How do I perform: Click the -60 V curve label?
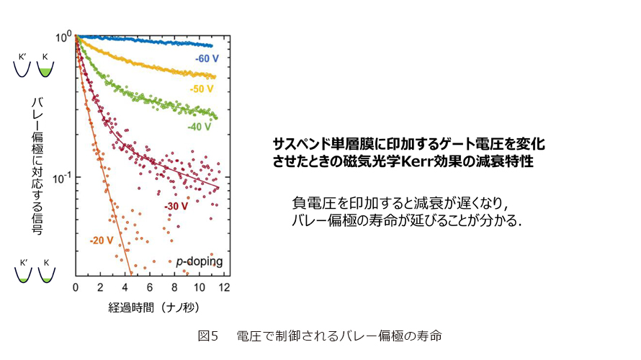[x=207, y=57]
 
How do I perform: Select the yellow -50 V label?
[x=201, y=89]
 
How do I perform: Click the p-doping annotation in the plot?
[x=200, y=262]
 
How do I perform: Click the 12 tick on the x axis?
[x=223, y=288]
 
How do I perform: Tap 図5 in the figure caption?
[x=207, y=336]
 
